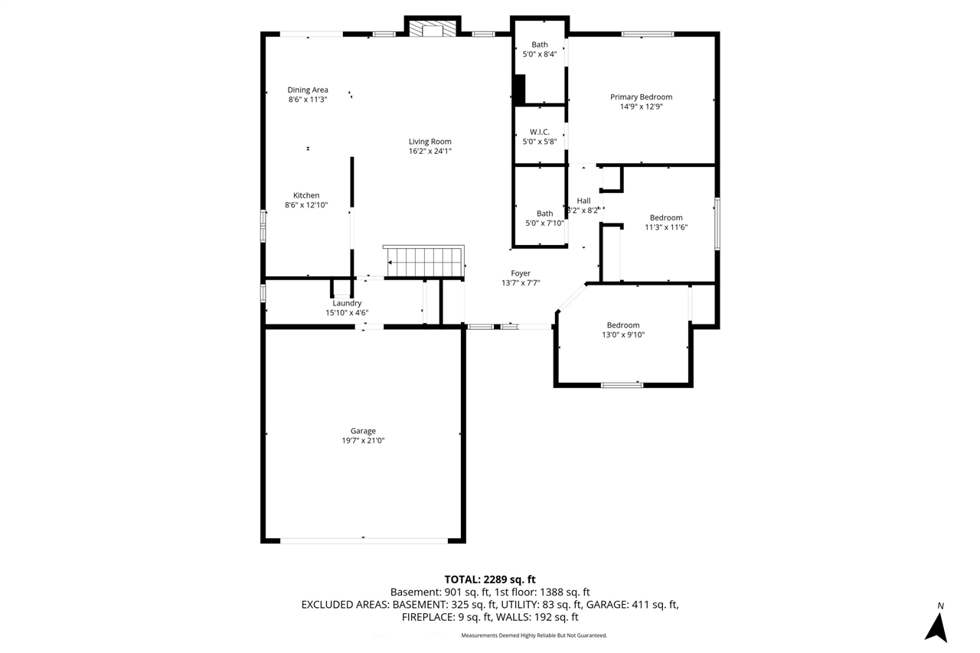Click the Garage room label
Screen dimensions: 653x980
tap(363, 431)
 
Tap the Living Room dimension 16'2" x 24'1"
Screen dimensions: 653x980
tap(430, 152)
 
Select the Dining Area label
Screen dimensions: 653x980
tap(308, 90)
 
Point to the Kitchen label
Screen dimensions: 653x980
tap(306, 195)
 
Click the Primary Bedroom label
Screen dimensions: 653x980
tap(641, 96)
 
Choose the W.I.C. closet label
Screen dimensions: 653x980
tap(540, 132)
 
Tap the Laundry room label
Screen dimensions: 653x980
tap(347, 303)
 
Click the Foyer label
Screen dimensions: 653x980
tap(521, 273)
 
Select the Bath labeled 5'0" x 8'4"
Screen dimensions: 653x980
tap(540, 44)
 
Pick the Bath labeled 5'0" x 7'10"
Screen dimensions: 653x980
tap(544, 214)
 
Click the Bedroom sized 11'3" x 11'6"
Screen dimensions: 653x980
tap(665, 217)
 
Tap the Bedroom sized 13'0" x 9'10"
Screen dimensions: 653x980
tap(623, 325)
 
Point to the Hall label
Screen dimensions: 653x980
tap(583, 201)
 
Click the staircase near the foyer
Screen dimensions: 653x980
tap(425, 262)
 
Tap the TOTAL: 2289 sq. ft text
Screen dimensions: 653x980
tap(495, 579)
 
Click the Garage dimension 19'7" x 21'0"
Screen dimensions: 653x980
tap(363, 441)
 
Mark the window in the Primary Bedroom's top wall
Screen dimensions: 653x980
tap(647, 34)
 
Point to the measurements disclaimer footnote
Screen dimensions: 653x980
tap(534, 635)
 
